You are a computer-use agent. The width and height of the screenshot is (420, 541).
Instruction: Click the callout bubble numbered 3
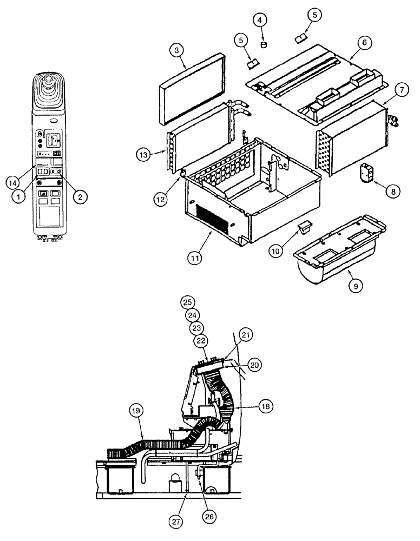(x=177, y=51)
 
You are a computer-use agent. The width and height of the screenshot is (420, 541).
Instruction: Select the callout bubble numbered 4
(x=261, y=20)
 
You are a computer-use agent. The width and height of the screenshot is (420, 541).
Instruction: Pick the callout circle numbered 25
(x=187, y=302)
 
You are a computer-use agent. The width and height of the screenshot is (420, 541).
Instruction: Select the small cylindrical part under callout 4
(x=264, y=44)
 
